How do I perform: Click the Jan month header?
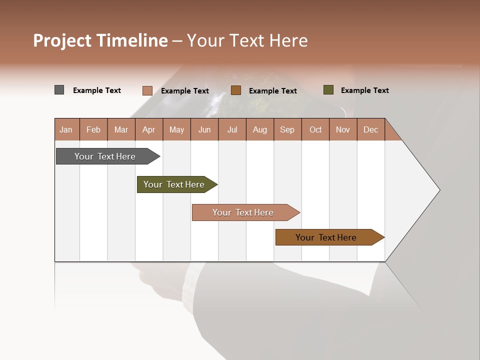pos(66,129)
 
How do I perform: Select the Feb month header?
pos(93,129)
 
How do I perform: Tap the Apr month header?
pos(148,129)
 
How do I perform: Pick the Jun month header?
pos(204,129)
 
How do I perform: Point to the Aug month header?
pos(259,129)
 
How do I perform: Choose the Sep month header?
pos(287,129)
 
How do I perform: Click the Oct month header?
pos(315,129)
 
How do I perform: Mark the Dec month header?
pos(370,129)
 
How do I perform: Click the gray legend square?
pos(59,90)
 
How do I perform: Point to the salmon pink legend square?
pos(147,90)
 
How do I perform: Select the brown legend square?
pos(236,90)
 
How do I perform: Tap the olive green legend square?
pos(328,90)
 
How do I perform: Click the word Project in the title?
pos(62,40)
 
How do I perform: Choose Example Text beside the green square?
pos(364,90)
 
